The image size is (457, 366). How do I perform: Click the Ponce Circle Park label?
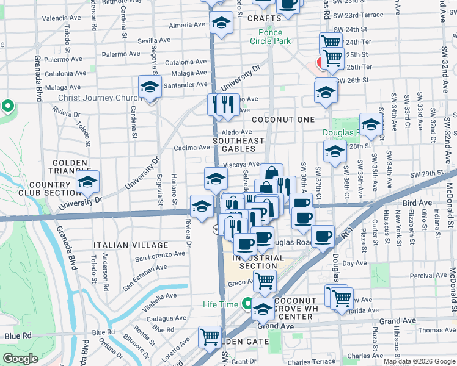point(270,37)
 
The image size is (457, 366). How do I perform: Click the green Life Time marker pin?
point(247,303)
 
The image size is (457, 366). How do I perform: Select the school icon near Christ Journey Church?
point(149,87)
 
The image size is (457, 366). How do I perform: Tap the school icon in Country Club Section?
point(87,182)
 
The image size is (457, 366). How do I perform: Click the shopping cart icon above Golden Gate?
point(210,335)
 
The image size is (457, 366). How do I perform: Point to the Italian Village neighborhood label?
point(120,245)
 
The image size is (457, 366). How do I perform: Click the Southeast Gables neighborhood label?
point(238,145)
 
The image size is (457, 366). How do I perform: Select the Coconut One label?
point(283,120)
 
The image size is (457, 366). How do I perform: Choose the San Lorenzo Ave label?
point(159,255)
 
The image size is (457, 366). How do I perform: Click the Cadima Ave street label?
point(192,148)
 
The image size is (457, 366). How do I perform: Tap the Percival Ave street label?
point(428,275)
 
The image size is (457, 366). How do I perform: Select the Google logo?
point(21,358)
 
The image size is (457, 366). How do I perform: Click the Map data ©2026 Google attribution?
point(418,361)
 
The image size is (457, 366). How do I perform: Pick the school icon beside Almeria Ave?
point(221,24)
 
